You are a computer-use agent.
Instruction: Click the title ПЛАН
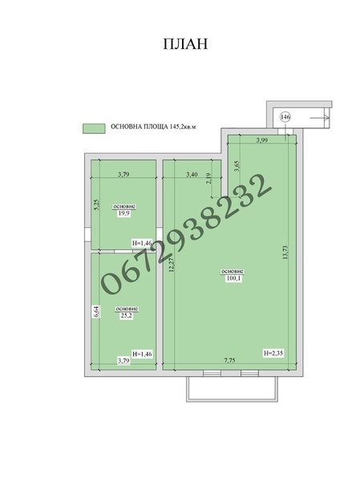pyautogui.click(x=185, y=44)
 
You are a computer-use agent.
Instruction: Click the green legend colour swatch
pyautogui.click(x=94, y=128)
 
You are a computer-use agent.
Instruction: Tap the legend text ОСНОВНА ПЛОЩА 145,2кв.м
pyautogui.click(x=153, y=127)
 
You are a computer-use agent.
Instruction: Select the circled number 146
pyautogui.click(x=285, y=117)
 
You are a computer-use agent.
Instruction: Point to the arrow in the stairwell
pyautogui.click(x=319, y=117)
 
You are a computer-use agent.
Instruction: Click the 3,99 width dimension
pyautogui.click(x=262, y=140)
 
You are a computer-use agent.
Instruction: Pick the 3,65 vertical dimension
pyautogui.click(x=237, y=166)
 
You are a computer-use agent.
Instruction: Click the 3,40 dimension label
pyautogui.click(x=192, y=175)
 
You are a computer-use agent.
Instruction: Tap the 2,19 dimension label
pyautogui.click(x=208, y=179)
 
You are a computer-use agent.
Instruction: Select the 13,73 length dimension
pyautogui.click(x=285, y=253)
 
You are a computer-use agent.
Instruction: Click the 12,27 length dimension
pyautogui.click(x=172, y=265)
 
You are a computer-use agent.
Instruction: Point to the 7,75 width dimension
pyautogui.click(x=229, y=360)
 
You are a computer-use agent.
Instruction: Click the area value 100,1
pyautogui.click(x=233, y=278)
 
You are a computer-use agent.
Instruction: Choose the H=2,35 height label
pyautogui.click(x=273, y=353)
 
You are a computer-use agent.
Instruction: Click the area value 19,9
pyautogui.click(x=124, y=213)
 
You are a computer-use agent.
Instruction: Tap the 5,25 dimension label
pyautogui.click(x=96, y=204)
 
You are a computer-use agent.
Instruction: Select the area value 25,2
pyautogui.click(x=126, y=316)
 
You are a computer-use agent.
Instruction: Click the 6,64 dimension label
pyautogui.click(x=96, y=311)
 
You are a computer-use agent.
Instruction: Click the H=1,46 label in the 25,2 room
pyautogui.click(x=142, y=354)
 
